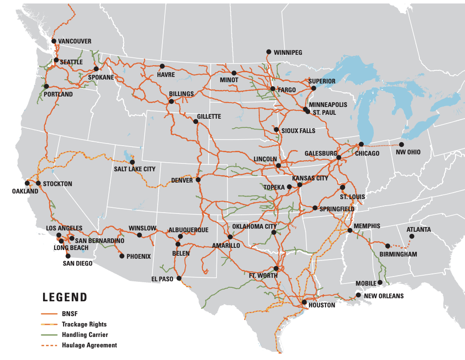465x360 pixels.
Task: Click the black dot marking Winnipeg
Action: [269, 52]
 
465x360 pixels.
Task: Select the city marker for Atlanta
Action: [412, 237]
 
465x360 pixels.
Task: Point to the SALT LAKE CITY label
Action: [135, 169]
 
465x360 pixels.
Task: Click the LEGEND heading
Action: [65, 297]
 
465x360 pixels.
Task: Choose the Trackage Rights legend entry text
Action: [84, 324]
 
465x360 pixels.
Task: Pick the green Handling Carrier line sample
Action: [49, 335]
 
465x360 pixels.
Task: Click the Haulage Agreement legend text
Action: [90, 345]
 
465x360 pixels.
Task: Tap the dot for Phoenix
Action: [122, 256]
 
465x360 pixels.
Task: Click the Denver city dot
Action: [198, 180]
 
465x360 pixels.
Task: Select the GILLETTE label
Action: [209, 117]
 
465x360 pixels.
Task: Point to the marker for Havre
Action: [162, 67]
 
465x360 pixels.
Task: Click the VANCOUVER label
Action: [75, 41]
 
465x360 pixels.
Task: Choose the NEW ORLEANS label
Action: [384, 296]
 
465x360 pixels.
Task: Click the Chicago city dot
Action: [361, 144]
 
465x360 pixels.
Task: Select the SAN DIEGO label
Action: [77, 263]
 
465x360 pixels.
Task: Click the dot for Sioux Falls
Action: [276, 130]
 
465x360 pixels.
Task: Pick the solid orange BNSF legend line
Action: [49, 314]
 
